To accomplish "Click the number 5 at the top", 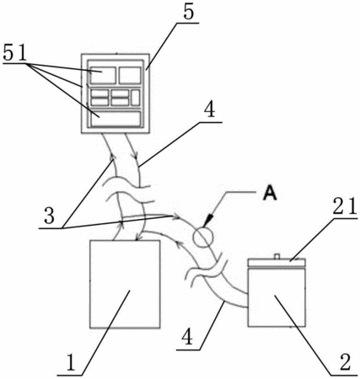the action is point(189,13).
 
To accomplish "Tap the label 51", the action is point(15,53).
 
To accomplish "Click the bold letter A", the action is point(270,194).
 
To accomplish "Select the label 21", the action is point(345,207).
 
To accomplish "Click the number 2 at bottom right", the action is point(345,363).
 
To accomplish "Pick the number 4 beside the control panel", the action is point(210,110).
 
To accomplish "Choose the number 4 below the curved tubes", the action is point(187,337).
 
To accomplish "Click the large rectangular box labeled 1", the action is point(125,284).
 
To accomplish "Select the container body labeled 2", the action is point(277,297).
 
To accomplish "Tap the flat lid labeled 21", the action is point(277,263).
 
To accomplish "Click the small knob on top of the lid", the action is point(277,256).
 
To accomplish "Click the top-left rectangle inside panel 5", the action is point(103,75).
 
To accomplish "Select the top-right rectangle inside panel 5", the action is point(130,75).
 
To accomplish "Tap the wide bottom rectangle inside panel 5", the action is point(116,119).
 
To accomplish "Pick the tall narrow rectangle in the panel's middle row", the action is point(136,98).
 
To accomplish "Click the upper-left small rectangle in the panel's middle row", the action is point(99,93).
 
